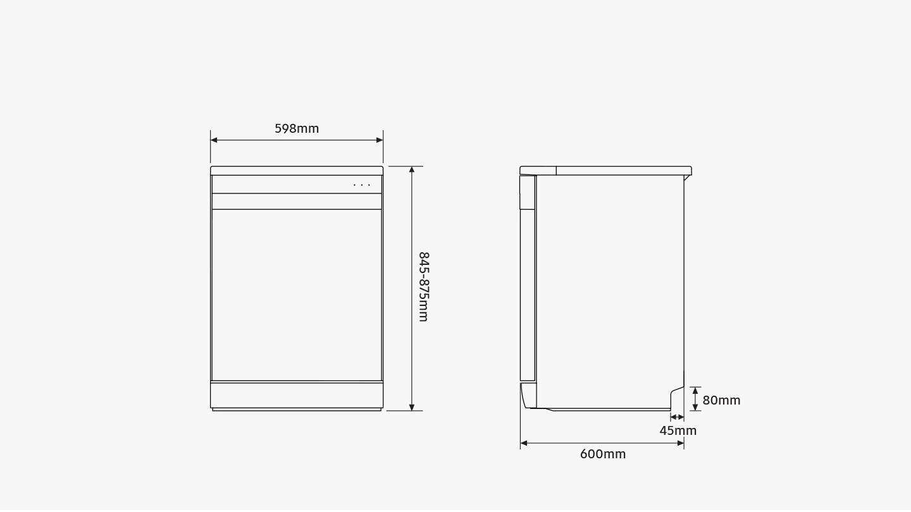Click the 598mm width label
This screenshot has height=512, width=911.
[x=297, y=128]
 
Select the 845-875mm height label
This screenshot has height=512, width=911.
[x=424, y=287]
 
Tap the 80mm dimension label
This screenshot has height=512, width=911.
[x=721, y=400]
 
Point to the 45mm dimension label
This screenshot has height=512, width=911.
[x=678, y=430]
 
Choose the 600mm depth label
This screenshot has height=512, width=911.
[x=603, y=454]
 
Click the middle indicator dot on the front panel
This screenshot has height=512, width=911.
[x=362, y=185]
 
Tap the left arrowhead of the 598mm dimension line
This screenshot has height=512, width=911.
[x=214, y=140]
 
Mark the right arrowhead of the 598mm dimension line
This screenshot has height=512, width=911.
[x=380, y=140]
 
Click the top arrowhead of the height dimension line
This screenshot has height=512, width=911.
[x=412, y=170]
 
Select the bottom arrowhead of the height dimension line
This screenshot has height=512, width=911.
[x=412, y=407]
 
